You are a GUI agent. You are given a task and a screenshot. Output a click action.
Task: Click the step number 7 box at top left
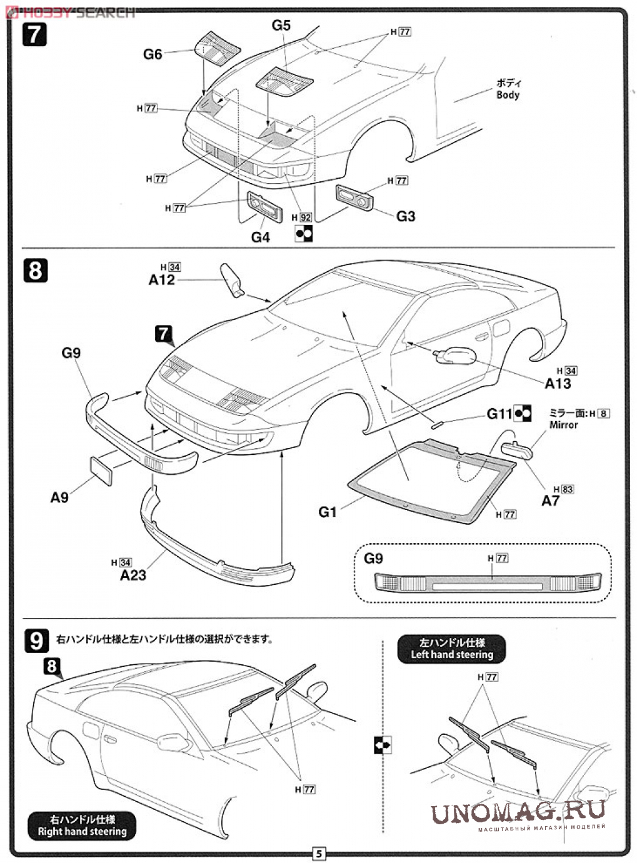(34, 34)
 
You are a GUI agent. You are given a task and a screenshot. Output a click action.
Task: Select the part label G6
(153, 54)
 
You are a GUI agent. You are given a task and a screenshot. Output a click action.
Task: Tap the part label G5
(281, 25)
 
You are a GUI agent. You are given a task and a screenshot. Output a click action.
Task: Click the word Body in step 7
(508, 95)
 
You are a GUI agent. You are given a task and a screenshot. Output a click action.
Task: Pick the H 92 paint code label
(301, 217)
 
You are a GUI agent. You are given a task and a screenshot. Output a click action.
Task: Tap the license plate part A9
(101, 470)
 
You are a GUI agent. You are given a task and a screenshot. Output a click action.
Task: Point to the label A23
(133, 575)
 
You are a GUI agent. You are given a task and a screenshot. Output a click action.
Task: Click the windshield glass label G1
(328, 512)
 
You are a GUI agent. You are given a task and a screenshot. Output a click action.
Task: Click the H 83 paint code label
(563, 489)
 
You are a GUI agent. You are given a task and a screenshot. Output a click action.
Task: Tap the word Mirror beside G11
(563, 425)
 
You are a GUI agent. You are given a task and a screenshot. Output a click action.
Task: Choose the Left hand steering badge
(451, 649)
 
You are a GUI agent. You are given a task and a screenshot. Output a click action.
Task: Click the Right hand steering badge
(82, 826)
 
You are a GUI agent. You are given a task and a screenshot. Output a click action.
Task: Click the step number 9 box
(36, 641)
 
